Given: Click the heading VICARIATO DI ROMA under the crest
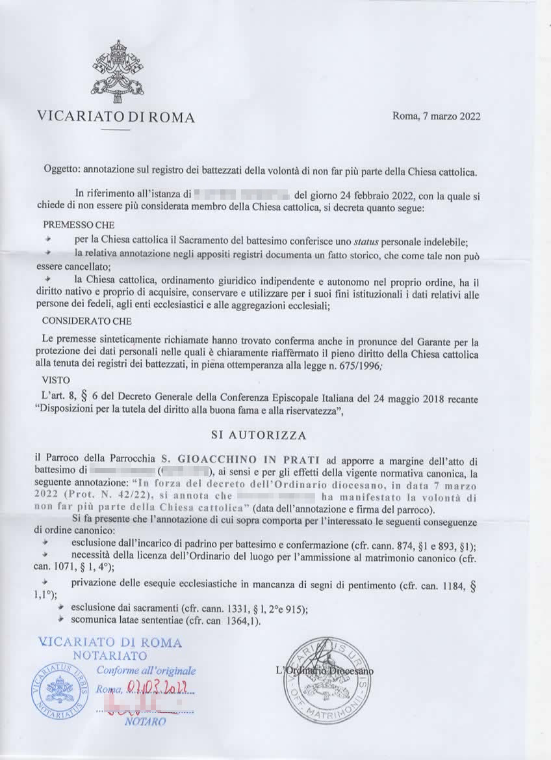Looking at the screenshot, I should point(116,118).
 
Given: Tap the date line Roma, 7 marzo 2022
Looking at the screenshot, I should point(436,117).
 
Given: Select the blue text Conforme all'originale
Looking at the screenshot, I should point(146,670).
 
